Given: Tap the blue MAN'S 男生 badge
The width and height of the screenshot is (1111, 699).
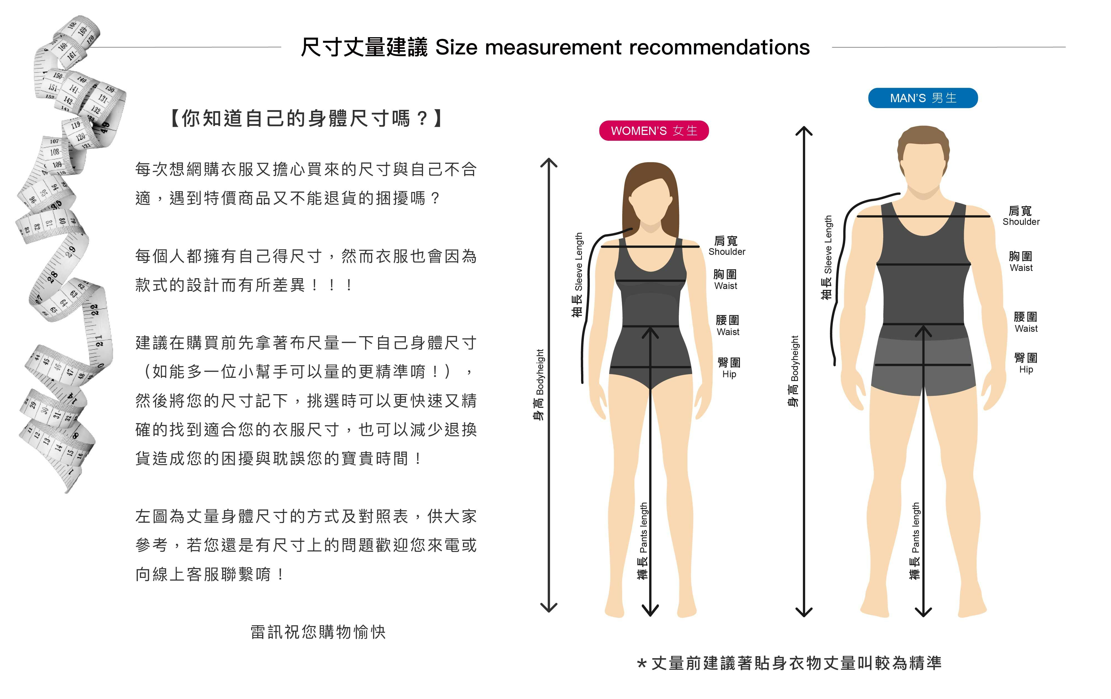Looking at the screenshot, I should pyautogui.click(x=923, y=98).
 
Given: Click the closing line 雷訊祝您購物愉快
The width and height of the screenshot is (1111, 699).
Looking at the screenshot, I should pyautogui.click(x=318, y=632).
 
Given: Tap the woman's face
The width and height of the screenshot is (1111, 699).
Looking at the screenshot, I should pyautogui.click(x=650, y=203).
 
